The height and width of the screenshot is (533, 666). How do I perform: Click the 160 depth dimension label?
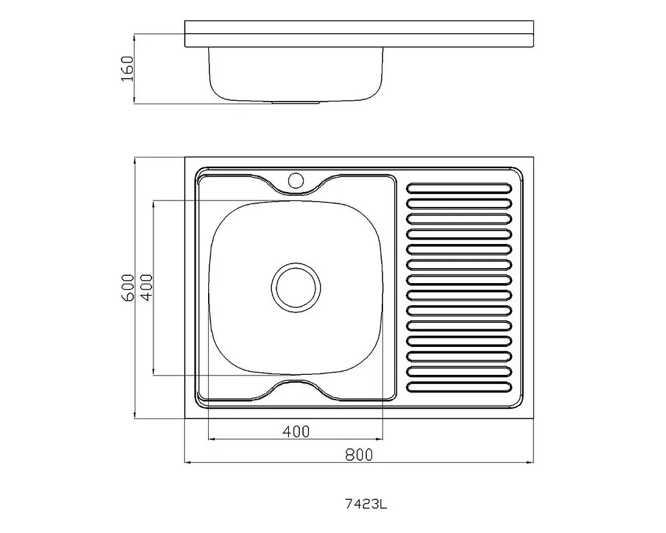127,68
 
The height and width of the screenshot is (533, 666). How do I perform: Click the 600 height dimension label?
128,288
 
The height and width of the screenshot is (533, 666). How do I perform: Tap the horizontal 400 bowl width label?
296,432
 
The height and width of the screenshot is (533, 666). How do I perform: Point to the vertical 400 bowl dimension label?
146,288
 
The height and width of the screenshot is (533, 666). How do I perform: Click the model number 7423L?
366,504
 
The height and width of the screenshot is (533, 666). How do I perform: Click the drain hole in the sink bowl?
296,288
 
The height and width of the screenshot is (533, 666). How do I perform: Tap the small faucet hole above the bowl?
296,180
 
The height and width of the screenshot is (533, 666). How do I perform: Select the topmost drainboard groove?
459,188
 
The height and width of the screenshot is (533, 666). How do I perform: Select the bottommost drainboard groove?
459,387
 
